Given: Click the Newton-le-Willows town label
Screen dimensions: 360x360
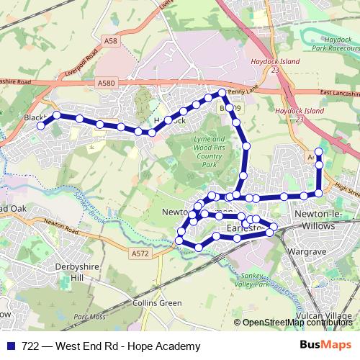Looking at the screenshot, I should (x=323, y=220).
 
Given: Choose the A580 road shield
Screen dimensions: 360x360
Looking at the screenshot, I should (x=106, y=84).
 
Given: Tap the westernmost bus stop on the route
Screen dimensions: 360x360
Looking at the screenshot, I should (x=41, y=125).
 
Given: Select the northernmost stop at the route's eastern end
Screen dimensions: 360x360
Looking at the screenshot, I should (x=319, y=150).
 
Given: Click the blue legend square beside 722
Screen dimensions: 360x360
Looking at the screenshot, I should (x=11, y=346).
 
